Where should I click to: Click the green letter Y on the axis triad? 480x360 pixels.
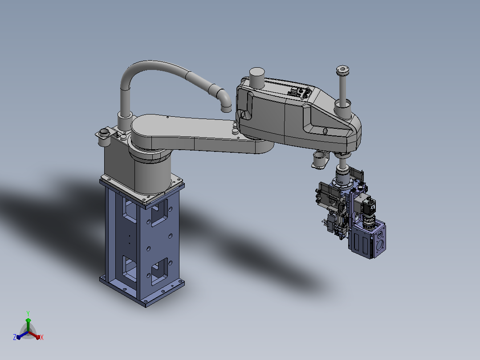pyautogui.click(x=28, y=313)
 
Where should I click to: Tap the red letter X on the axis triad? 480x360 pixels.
pyautogui.click(x=42, y=337)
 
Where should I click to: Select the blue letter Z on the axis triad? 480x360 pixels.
pyautogui.click(x=14, y=337)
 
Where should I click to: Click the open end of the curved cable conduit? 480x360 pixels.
pyautogui.click(x=226, y=108)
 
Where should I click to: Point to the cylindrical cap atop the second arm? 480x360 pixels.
pyautogui.click(x=257, y=78)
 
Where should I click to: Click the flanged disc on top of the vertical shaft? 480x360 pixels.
pyautogui.click(x=343, y=69)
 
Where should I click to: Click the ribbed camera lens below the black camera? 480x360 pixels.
pyautogui.click(x=370, y=222)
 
